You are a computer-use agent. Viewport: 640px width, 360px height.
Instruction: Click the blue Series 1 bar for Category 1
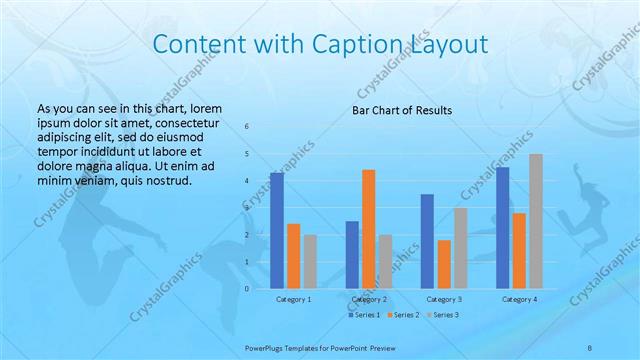click(277, 231)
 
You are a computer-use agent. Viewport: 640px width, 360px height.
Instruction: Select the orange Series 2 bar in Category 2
click(369, 229)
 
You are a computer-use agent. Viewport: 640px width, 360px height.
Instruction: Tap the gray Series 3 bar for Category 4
click(536, 221)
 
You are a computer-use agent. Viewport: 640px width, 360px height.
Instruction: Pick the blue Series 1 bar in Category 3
click(427, 241)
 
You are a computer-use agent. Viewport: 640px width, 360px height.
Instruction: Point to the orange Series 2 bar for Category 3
click(444, 264)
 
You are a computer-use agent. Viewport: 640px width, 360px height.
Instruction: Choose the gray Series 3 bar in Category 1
click(311, 262)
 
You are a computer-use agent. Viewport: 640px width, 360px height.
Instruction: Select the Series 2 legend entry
click(403, 316)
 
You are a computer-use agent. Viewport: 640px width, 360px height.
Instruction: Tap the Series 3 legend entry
click(443, 316)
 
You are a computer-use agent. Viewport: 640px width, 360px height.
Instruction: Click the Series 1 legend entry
click(364, 316)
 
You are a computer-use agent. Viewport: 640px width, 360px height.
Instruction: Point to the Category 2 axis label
click(369, 299)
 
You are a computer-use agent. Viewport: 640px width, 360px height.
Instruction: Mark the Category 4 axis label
click(519, 299)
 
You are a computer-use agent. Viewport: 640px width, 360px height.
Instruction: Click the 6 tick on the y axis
click(247, 126)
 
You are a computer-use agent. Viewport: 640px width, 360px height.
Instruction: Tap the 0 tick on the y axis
click(247, 289)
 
